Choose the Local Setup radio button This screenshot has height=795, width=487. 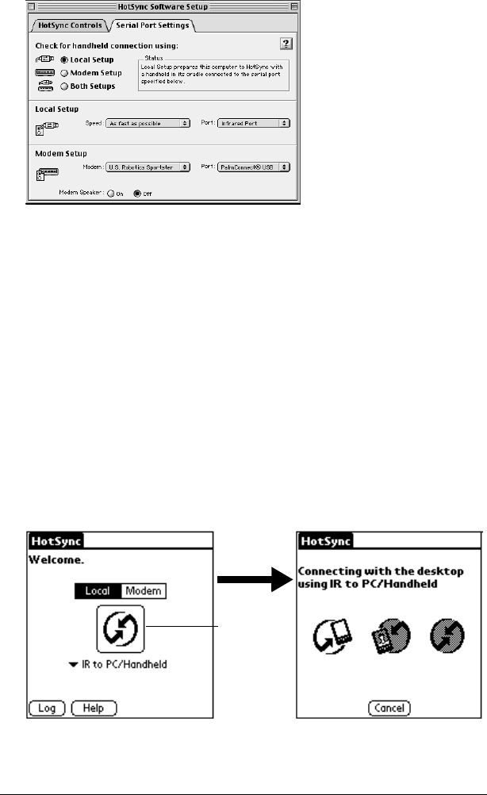pos(66,60)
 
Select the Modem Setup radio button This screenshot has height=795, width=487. pos(66,73)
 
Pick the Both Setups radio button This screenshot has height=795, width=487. pos(66,86)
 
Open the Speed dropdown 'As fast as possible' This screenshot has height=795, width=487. pos(148,124)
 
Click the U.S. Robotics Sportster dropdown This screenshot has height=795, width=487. pos(148,167)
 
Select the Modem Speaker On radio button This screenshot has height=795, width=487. pos(111,193)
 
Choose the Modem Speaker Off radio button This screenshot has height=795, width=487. pos(137,193)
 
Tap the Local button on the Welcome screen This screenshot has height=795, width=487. pos(98,591)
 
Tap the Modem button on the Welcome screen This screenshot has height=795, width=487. pos(144,591)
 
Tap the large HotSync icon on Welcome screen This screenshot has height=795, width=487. pos(120,629)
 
